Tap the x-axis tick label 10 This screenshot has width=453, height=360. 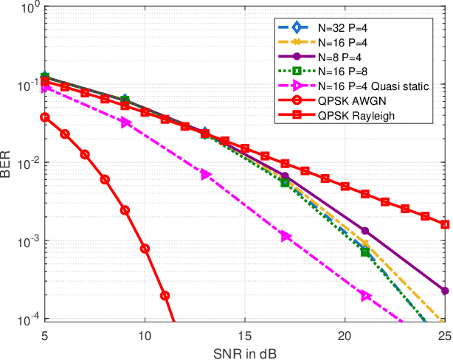(x=145, y=335)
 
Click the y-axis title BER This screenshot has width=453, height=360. (x=8, y=165)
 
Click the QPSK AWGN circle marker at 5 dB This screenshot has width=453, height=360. (x=45, y=117)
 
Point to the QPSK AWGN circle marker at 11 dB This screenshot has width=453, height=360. (x=165, y=296)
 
